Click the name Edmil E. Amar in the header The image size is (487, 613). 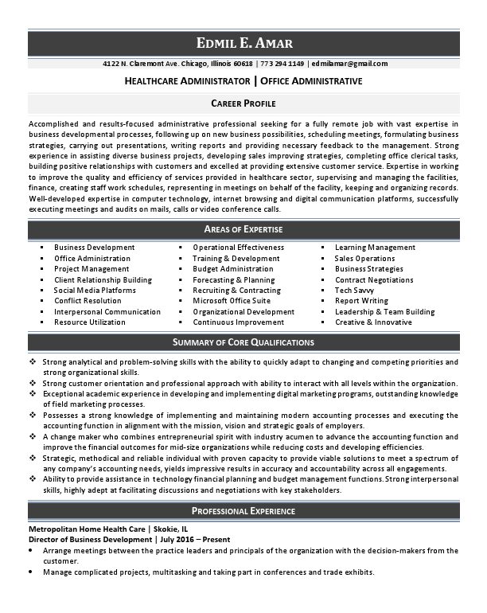point(243,43)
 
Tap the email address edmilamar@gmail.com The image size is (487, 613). point(349,64)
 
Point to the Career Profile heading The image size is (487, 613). point(243,103)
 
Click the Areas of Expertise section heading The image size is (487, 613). point(243,229)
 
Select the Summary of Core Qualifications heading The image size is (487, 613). point(243,342)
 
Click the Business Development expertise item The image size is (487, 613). point(94,248)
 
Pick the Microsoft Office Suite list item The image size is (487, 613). point(231,301)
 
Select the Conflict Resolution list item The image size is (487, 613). point(88,301)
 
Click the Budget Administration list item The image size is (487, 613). point(232,269)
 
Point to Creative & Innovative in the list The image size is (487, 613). point(373,322)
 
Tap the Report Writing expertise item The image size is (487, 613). point(361,301)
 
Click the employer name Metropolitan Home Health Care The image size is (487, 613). point(87,529)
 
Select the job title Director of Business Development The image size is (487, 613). point(90,539)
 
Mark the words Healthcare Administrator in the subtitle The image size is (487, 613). point(186,81)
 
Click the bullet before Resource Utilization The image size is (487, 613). point(41,322)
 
